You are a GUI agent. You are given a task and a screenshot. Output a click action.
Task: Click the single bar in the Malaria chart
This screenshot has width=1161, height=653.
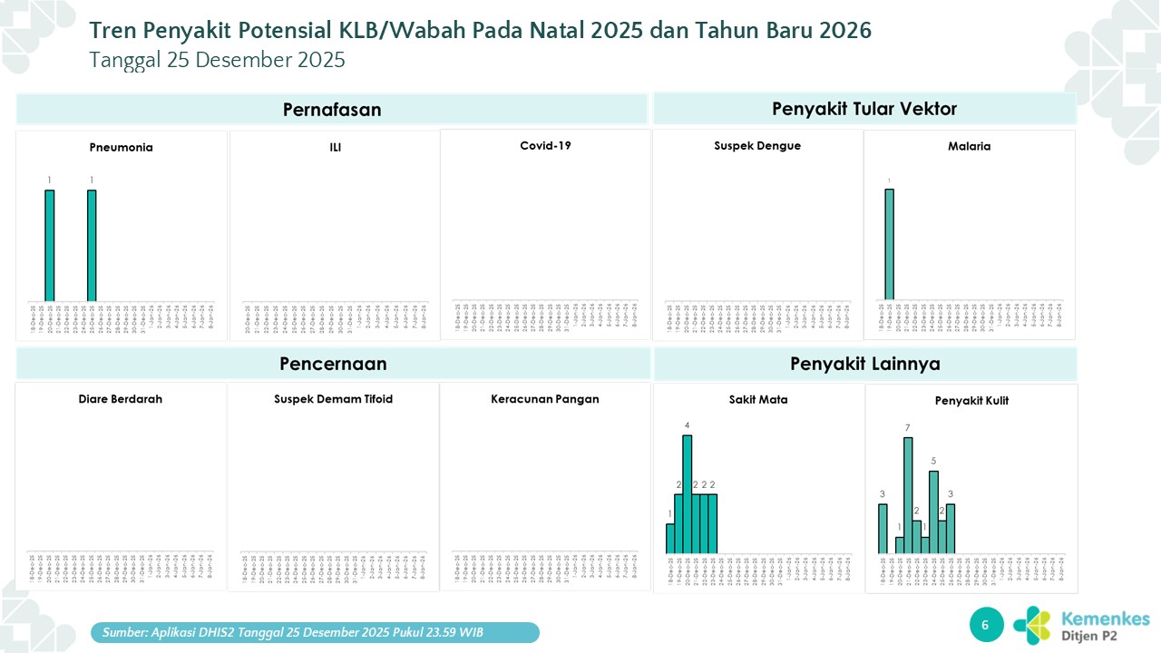(889, 244)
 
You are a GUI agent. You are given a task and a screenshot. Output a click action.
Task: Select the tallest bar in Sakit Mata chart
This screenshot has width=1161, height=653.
(687, 494)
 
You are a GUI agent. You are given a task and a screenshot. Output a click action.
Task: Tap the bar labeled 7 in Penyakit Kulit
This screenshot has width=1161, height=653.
(907, 495)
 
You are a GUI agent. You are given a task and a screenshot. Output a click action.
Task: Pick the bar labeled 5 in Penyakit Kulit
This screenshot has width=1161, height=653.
(933, 512)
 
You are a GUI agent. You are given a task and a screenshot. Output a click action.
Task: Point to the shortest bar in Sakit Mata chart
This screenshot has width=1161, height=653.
(670, 538)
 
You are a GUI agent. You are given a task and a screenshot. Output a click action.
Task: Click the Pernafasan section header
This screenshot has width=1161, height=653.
(332, 110)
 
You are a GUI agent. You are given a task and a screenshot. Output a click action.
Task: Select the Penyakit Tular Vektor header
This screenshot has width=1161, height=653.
(864, 109)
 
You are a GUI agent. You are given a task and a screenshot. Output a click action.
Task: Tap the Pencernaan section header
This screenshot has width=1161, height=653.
(333, 364)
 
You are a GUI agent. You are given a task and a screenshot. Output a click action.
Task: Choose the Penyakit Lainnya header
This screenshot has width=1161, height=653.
(864, 364)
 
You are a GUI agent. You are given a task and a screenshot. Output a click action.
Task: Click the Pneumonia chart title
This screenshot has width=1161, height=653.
(121, 147)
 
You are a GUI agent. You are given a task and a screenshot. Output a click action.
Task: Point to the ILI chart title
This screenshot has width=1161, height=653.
(336, 147)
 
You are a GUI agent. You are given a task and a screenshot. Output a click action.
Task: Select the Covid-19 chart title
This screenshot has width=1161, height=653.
(545, 145)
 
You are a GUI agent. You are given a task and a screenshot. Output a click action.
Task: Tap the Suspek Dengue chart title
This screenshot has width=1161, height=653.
(757, 145)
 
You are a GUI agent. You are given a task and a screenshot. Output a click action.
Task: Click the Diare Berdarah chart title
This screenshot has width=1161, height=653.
(121, 399)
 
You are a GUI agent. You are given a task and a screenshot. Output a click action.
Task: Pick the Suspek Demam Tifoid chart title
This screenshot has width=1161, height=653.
(333, 399)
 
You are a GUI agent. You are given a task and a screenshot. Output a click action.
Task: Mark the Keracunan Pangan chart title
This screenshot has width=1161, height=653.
(545, 399)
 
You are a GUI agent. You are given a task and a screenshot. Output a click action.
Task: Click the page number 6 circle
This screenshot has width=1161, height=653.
(986, 624)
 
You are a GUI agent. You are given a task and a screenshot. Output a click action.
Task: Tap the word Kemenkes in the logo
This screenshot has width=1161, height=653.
(1105, 619)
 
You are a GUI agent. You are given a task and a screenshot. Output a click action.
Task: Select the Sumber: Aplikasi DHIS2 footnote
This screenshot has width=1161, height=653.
(315, 632)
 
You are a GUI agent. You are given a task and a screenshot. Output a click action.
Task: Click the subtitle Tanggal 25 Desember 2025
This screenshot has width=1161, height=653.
(217, 60)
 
